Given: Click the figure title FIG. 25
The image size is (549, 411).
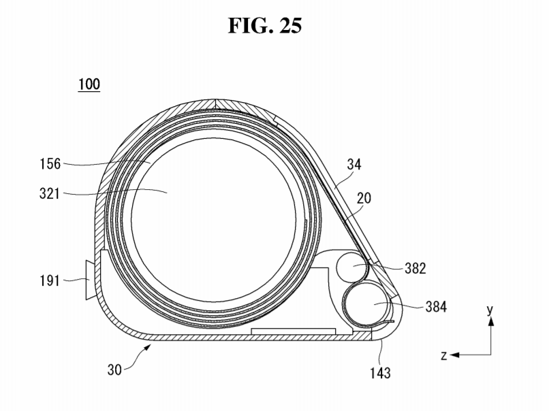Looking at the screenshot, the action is click(265, 26).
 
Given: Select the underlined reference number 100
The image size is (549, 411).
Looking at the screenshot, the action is click(89, 84).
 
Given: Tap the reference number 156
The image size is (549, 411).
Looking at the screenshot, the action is click(50, 164).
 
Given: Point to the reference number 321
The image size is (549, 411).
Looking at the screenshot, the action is click(50, 193).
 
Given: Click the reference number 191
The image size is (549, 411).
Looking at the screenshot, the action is click(50, 280).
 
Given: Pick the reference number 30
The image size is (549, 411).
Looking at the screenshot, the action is click(114, 369).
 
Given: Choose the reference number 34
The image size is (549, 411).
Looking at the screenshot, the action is click(354, 164).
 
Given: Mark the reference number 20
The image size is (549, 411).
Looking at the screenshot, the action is click(364, 198).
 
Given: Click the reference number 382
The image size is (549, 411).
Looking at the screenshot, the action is click(415, 268).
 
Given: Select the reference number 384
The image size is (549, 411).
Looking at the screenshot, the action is click(436, 307).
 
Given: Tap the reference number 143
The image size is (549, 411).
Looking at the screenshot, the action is click(380, 373).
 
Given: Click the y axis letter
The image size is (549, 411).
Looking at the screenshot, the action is click(490, 310).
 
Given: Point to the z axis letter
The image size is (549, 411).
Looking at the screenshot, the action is click(444, 355).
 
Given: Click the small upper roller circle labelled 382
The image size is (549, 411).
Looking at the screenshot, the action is click(353, 267).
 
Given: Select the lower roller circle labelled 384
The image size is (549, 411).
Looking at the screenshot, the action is click(366, 303).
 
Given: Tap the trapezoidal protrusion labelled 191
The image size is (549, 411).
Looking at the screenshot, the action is click(90, 280).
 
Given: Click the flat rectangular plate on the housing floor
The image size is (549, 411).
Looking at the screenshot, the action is click(294, 331).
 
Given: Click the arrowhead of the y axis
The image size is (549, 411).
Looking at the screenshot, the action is click(491, 320).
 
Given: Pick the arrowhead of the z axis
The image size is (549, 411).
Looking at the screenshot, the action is click(454, 355).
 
